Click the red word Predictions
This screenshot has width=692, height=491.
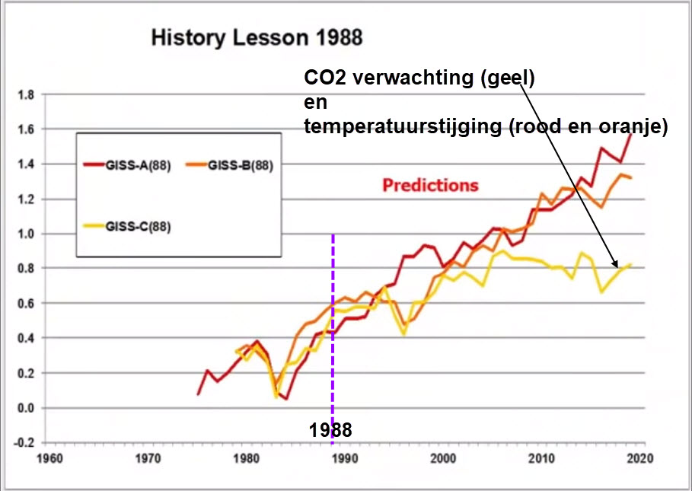click(430, 185)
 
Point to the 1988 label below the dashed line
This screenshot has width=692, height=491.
click(330, 430)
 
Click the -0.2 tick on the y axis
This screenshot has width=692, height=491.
click(24, 442)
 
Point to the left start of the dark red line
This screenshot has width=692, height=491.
click(198, 394)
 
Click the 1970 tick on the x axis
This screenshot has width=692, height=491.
click(147, 459)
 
